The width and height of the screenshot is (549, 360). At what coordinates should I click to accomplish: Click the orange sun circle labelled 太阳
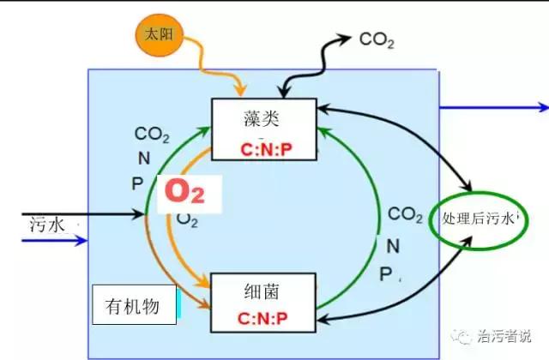[x=157, y=35]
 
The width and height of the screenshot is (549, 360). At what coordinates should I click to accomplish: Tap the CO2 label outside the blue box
[x=377, y=39]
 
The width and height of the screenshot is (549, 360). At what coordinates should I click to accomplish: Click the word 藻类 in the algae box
[x=262, y=119]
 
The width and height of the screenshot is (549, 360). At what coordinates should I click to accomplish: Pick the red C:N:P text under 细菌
[x=263, y=319]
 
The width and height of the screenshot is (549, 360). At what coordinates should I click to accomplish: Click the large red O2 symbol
[x=185, y=192]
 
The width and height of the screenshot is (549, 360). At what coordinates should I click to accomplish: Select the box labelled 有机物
[x=133, y=304]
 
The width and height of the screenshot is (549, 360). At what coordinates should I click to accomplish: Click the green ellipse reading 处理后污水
[x=479, y=219]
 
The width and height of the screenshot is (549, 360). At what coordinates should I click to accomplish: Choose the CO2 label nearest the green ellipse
[x=404, y=213]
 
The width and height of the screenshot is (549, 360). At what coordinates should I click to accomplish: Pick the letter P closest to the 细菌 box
[x=385, y=273]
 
